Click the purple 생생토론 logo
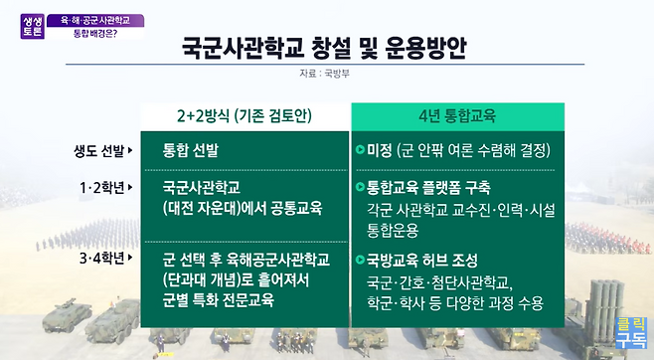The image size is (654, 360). point(33,26)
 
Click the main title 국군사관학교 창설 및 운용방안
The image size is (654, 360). point(324,48)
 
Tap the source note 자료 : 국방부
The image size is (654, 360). point(324,74)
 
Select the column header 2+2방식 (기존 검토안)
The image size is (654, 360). point(245,116)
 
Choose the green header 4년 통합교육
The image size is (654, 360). point(457,116)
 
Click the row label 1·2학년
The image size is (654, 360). point(106,188)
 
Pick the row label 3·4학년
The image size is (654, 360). point(106,259)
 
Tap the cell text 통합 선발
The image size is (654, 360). point(191,150)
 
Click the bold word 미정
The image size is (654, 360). point(380,150)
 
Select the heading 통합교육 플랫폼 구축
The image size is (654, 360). point(428,188)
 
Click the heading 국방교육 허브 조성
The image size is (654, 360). point(422,261)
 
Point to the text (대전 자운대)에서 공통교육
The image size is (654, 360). point(243,208)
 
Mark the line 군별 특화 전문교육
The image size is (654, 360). point(218,300)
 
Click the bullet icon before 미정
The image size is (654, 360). point(361,149)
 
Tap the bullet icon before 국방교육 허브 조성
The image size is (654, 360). point(361,260)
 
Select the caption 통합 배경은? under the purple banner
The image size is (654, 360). point(95,34)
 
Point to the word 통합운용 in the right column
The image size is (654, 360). point(393,230)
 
